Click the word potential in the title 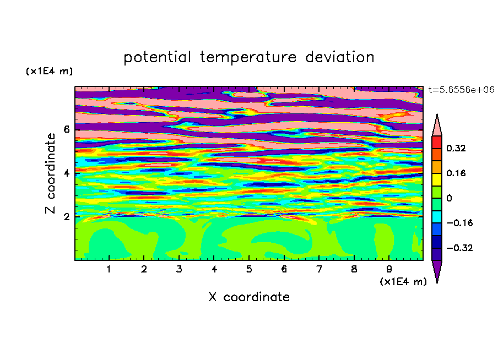(157, 58)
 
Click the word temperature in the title (248, 58)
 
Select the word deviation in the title (339, 57)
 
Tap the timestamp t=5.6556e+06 (461, 90)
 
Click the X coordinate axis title (249, 297)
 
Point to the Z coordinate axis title (51, 173)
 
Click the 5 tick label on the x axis (249, 269)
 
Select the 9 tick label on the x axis (389, 269)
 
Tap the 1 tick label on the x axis (109, 269)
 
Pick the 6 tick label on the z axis (66, 129)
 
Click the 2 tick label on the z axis (66, 217)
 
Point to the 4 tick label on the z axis (66, 173)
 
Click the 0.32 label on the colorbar (456, 148)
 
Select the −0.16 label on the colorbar (459, 223)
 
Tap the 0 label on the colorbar (449, 198)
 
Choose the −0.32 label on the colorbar (459, 248)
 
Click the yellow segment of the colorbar (437, 179)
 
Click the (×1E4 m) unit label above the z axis (49, 71)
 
